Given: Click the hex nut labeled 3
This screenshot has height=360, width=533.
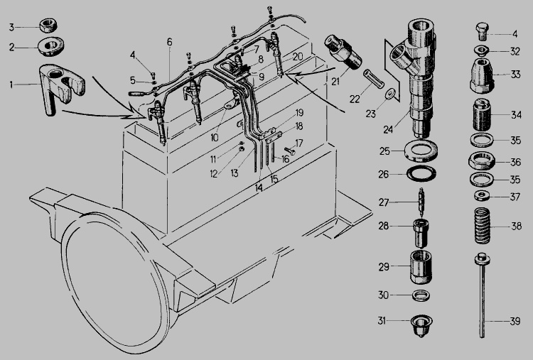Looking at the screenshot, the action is [x=48, y=26].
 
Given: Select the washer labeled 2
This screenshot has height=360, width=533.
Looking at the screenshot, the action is [x=51, y=47].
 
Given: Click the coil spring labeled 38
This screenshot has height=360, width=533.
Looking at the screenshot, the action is [x=482, y=226].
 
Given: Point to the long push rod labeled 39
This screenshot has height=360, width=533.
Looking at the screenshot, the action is [x=482, y=295].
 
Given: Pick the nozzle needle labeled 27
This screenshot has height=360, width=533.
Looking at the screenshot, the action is [x=421, y=202].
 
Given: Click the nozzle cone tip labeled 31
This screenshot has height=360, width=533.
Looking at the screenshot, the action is [x=421, y=325].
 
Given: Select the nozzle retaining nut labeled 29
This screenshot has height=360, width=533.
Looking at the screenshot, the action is [x=421, y=267].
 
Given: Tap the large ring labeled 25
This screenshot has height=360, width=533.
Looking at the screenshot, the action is [x=421, y=151].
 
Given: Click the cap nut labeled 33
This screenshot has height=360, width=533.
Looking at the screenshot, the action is [x=482, y=75].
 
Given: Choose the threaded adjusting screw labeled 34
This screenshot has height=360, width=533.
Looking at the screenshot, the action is [x=482, y=115].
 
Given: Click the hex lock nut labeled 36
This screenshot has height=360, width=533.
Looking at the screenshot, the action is [x=481, y=160].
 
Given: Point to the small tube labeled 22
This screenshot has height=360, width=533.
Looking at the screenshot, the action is [x=373, y=78].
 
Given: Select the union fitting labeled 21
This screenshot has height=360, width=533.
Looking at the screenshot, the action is [x=343, y=52].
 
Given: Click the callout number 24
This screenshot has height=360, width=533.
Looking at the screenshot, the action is [x=388, y=129].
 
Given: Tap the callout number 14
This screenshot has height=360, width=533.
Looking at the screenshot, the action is [x=259, y=187].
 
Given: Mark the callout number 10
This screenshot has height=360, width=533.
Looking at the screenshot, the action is [x=215, y=138].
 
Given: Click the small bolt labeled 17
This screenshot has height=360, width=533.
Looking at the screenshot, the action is [x=289, y=151].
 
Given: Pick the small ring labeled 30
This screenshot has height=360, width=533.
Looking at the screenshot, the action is [x=421, y=295].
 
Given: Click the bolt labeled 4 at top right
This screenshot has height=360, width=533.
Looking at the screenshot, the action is [x=481, y=31].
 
